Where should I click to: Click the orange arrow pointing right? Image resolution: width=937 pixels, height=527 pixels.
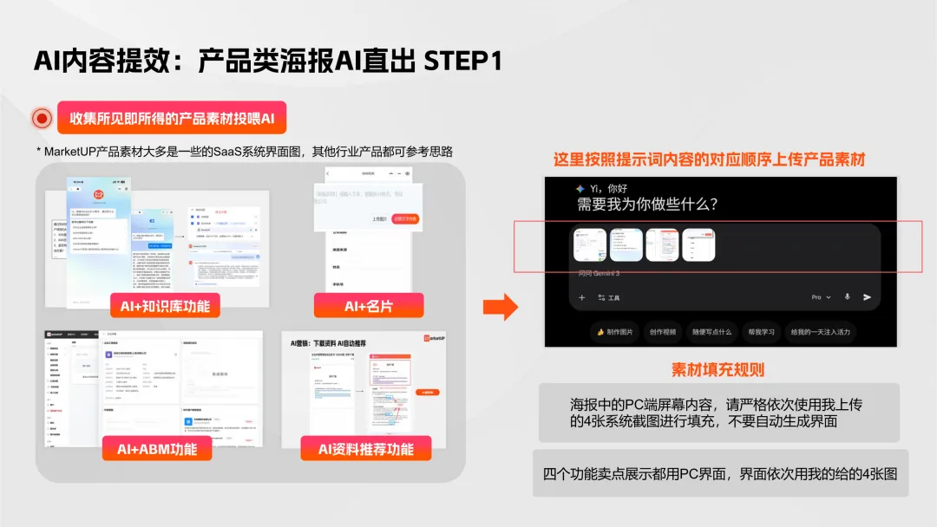tap(500, 305)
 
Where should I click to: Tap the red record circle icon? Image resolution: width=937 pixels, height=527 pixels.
tap(42, 119)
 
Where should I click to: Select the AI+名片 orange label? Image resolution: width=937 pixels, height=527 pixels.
tap(369, 305)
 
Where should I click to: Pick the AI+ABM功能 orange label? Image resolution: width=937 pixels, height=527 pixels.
tap(156, 448)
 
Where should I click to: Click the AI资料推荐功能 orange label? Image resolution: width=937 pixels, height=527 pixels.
tap(365, 448)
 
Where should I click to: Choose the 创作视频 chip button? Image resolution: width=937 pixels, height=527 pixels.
tap(662, 331)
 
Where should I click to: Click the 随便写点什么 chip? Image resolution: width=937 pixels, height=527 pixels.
tap(711, 331)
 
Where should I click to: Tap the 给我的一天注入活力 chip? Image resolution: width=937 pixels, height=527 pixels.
tap(820, 331)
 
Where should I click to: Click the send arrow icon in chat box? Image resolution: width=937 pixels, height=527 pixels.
tap(866, 297)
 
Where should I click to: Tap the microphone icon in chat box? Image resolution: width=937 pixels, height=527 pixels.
tap(847, 297)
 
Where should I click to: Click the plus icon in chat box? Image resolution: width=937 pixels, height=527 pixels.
tap(582, 297)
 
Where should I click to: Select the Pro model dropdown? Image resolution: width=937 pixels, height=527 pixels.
tap(820, 297)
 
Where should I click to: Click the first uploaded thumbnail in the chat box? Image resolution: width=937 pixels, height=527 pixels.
tap(590, 244)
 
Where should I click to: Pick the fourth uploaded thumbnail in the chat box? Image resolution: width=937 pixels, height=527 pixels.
tap(698, 244)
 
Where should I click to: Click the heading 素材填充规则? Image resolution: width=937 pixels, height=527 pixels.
tap(717, 370)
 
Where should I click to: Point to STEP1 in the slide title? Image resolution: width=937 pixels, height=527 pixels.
tap(462, 62)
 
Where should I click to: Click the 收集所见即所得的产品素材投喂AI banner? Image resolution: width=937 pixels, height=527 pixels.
tap(171, 118)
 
